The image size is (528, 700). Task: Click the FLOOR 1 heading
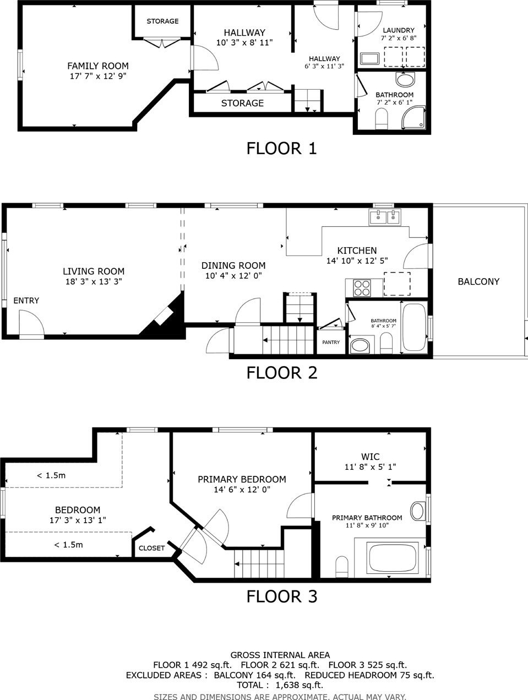click(282, 149)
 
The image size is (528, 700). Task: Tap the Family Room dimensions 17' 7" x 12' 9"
click(98, 76)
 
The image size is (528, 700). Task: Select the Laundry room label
click(399, 30)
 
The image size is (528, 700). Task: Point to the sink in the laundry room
click(369, 59)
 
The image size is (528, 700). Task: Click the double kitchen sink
click(385, 217)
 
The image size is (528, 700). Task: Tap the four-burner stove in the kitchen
click(362, 288)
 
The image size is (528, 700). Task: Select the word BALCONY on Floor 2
click(478, 281)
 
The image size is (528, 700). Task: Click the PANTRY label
click(331, 342)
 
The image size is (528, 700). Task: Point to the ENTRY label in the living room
click(26, 300)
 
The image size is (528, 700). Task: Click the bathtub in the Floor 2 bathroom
click(414, 327)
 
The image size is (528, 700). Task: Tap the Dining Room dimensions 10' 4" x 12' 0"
click(233, 276)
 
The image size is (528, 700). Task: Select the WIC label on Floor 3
click(371, 457)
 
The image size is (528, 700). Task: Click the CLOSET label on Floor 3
click(151, 548)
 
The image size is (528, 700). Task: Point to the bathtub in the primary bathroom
click(393, 558)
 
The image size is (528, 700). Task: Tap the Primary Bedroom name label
click(242, 479)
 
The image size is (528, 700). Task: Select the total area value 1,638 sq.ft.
click(299, 685)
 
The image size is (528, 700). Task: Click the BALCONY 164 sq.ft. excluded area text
click(254, 675)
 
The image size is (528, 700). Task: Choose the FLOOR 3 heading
click(282, 596)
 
